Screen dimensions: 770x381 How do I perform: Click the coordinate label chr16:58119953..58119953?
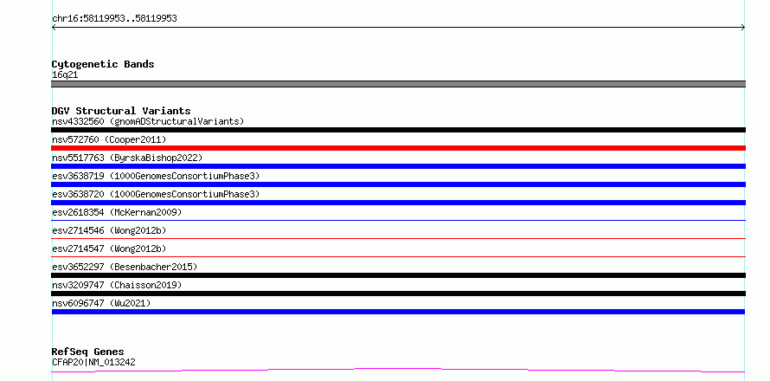coord(114,19)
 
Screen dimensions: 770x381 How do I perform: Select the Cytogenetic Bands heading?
coord(103,64)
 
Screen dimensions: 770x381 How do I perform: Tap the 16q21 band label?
coord(65,75)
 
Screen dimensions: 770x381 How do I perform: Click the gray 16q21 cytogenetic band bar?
coord(398,84)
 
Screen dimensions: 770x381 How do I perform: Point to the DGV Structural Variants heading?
coord(121,111)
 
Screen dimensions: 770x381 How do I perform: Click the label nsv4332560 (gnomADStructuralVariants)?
coord(148,121)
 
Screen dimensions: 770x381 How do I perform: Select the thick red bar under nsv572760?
coord(398,148)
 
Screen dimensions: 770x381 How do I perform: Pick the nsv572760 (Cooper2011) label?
coord(109,139)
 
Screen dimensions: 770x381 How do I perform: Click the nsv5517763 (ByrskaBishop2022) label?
coord(127,158)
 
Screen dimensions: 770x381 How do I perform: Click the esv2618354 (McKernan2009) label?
coord(117,212)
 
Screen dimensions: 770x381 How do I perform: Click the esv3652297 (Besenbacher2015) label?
coord(125,267)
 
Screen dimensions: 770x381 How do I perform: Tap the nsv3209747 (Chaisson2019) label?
coord(117,285)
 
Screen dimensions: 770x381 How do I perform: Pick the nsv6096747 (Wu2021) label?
coord(101,303)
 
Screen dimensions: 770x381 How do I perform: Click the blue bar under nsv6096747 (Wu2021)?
coord(398,312)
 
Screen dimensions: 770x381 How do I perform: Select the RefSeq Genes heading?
coord(88,352)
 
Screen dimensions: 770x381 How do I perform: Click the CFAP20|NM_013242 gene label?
coord(93,362)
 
